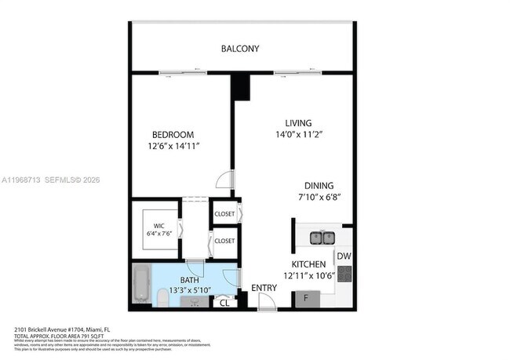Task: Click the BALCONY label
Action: pos(240,49)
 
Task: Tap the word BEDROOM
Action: pos(173,135)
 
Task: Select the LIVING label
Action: pos(298,123)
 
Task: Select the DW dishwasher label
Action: pos(344,256)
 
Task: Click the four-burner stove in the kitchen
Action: pos(344,275)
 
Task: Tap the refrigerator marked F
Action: pos(306,298)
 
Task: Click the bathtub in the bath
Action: pos(141,285)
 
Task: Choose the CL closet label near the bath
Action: pos(224,302)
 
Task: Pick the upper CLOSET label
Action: pos(224,214)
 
